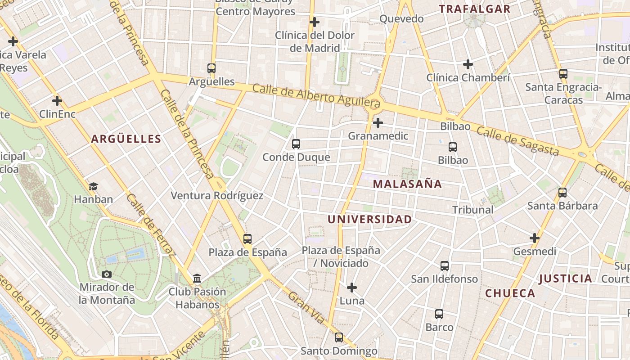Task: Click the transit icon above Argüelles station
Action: [211, 68]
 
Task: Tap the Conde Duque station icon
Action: [296, 144]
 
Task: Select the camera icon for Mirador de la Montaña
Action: [107, 274]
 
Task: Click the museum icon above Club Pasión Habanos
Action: [197, 279]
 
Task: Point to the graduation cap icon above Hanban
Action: [93, 186]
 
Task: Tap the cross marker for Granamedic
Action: [378, 122]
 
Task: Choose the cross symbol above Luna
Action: [352, 287]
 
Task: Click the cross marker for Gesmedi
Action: [535, 238]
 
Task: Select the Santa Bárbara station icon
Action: [562, 193]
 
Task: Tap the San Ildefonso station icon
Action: [445, 266]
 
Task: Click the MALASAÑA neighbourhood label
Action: [407, 184]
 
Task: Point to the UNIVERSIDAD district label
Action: [369, 220]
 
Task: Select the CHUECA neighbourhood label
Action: [510, 293]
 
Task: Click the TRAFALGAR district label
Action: [474, 9]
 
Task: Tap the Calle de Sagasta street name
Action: [517, 141]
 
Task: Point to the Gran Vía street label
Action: [306, 308]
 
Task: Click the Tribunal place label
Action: [472, 210]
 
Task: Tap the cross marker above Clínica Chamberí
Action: [468, 64]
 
